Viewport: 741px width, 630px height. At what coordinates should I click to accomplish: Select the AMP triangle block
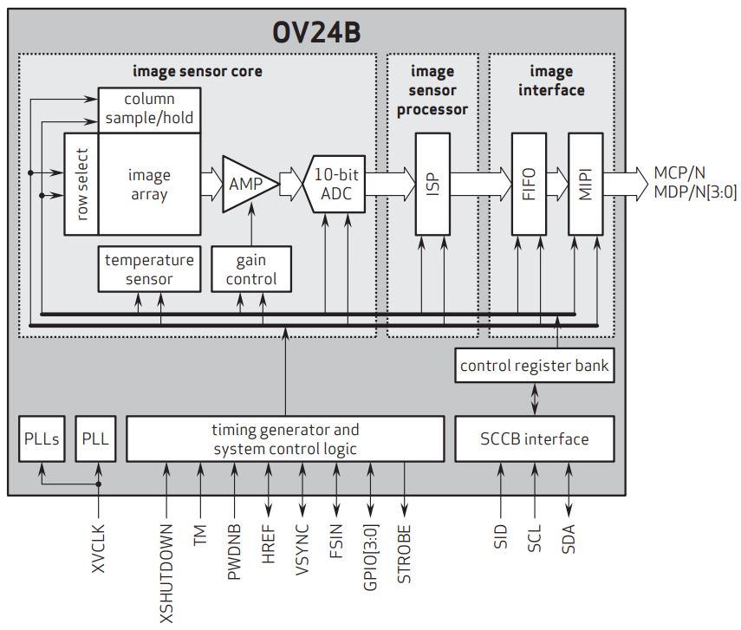(245, 184)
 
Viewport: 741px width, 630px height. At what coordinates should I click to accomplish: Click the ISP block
(432, 184)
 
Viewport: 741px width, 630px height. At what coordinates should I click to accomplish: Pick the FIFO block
(529, 184)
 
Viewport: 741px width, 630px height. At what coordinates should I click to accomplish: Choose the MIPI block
(585, 184)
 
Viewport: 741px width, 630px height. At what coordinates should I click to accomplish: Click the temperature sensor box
(149, 269)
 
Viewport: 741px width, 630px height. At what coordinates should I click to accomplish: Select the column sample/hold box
(149, 109)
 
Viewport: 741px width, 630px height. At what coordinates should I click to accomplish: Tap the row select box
(81, 184)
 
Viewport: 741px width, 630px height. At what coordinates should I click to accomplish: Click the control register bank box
(535, 366)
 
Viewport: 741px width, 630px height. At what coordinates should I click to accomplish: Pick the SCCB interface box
(535, 438)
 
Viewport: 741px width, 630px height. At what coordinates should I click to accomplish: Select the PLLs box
(41, 438)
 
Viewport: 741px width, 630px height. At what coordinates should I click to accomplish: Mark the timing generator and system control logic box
(285, 438)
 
